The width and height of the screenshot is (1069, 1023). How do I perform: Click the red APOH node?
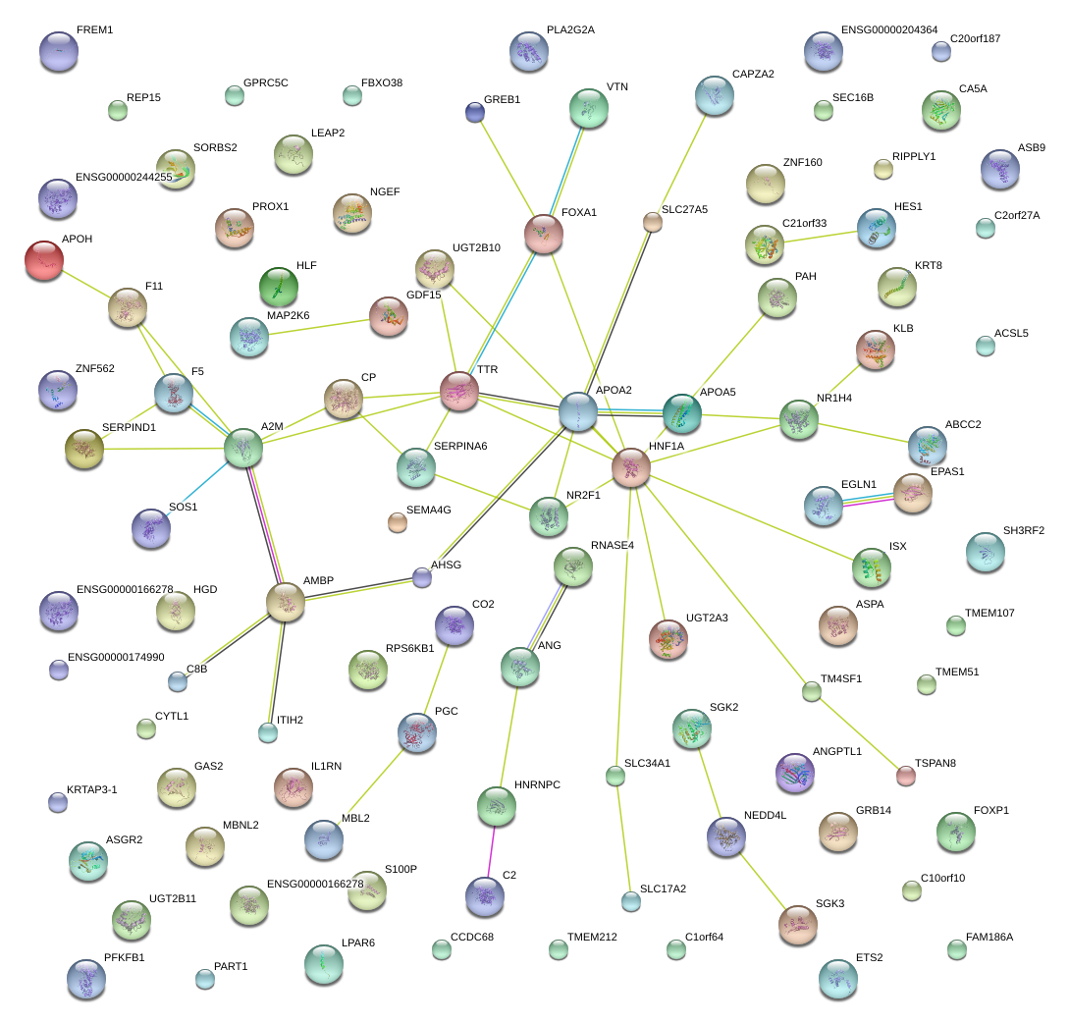point(43,260)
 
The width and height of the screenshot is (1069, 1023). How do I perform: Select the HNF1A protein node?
point(630,467)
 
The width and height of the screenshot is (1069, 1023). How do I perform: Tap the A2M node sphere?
point(242,447)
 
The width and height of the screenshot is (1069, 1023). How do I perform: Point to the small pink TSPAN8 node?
point(906,776)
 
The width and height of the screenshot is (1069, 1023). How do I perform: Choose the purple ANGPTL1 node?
point(794,773)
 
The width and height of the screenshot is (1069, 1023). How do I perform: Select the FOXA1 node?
point(543,233)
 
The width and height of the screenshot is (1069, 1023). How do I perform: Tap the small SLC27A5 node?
point(653,222)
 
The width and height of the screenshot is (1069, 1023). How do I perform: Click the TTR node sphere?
point(458,390)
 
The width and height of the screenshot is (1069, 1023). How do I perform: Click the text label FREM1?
point(94,30)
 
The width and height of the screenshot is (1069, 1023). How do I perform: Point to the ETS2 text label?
point(869,957)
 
